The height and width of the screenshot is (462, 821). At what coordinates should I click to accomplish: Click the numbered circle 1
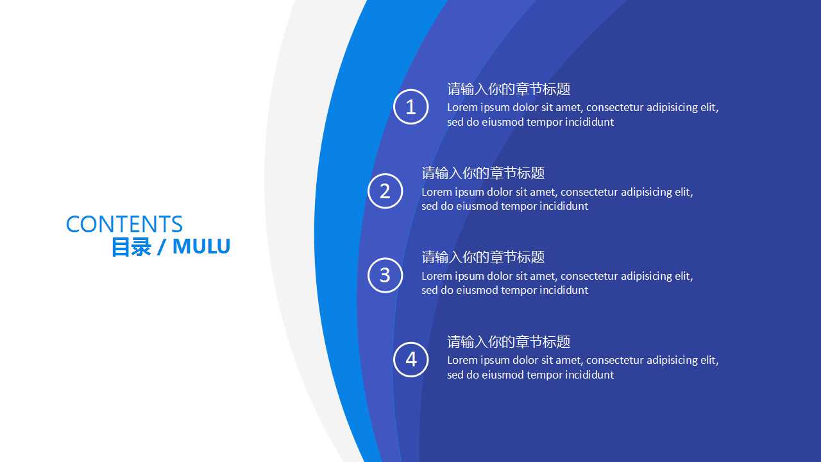(410, 107)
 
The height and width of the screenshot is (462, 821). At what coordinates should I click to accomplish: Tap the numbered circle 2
(385, 191)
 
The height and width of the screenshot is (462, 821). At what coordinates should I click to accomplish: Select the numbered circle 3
(385, 275)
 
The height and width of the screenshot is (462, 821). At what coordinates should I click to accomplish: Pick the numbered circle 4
(410, 359)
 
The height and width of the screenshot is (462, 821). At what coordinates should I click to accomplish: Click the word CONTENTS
(124, 224)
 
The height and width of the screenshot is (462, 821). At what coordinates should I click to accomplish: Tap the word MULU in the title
(201, 246)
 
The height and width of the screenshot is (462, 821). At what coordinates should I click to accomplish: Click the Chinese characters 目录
(131, 246)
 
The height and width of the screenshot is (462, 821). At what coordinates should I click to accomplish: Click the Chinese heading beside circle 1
(509, 89)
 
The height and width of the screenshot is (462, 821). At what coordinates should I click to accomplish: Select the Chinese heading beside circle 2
(483, 173)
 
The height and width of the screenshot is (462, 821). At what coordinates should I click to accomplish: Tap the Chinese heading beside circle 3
(483, 257)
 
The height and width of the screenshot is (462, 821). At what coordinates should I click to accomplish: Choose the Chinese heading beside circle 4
(509, 341)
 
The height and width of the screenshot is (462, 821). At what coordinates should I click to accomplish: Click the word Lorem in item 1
(462, 107)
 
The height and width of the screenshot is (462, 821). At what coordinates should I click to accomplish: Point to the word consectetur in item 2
(589, 192)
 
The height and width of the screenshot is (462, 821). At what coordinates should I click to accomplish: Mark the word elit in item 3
(684, 276)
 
